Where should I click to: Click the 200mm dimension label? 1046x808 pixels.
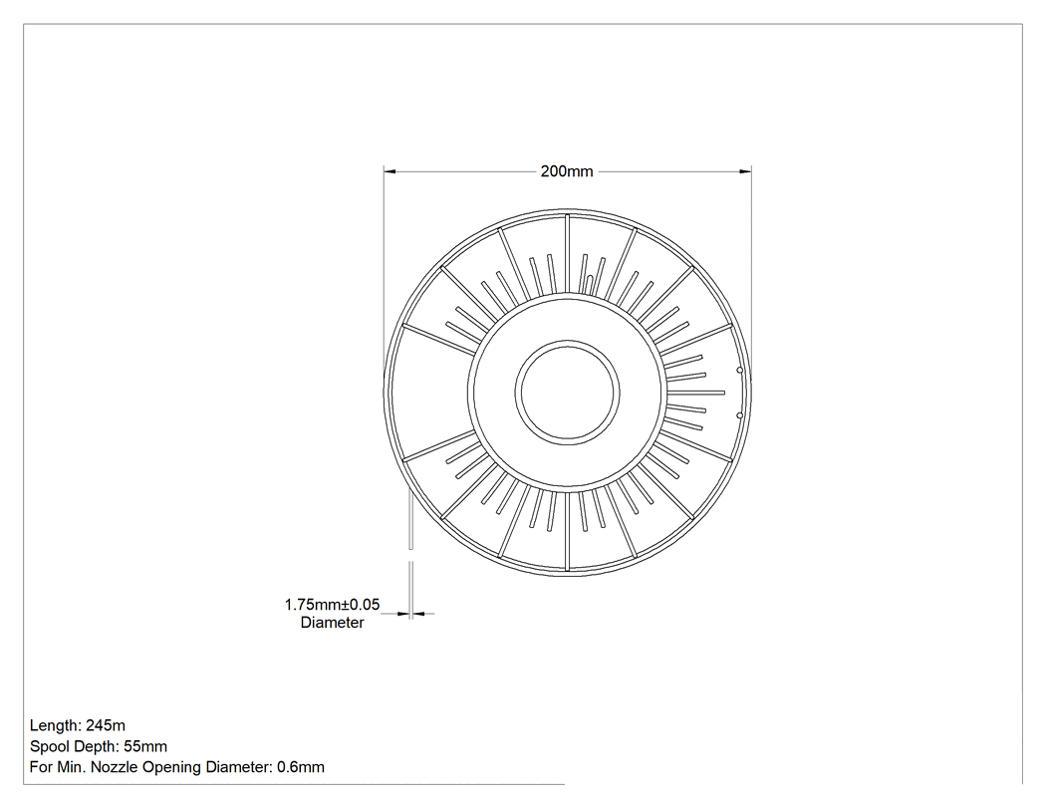point(567,171)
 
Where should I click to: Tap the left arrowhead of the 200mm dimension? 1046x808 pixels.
point(390,171)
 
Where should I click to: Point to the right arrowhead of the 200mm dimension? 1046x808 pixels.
point(746,171)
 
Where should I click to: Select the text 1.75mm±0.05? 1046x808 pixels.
point(332,605)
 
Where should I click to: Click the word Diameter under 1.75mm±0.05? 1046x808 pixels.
point(332,623)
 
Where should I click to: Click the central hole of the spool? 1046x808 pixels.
point(567,393)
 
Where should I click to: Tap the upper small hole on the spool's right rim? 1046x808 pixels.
point(739,370)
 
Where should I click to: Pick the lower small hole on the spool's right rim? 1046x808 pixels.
point(739,415)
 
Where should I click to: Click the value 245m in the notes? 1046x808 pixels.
point(106,726)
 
